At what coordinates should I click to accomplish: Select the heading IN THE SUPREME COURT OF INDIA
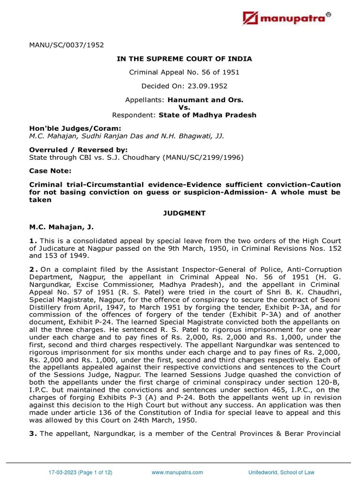pyautogui.click(x=184, y=59)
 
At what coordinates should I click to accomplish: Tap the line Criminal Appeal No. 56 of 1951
pyautogui.click(x=184, y=72)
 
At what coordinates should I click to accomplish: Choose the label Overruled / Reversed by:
pyautogui.click(x=65, y=150)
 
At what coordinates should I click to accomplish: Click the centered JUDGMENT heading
pyautogui.click(x=184, y=213)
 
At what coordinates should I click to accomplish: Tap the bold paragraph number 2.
pyautogui.click(x=32, y=269)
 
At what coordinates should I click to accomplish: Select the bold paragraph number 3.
pyautogui.click(x=32, y=433)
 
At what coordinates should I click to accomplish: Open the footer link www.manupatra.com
pyautogui.click(x=178, y=472)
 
